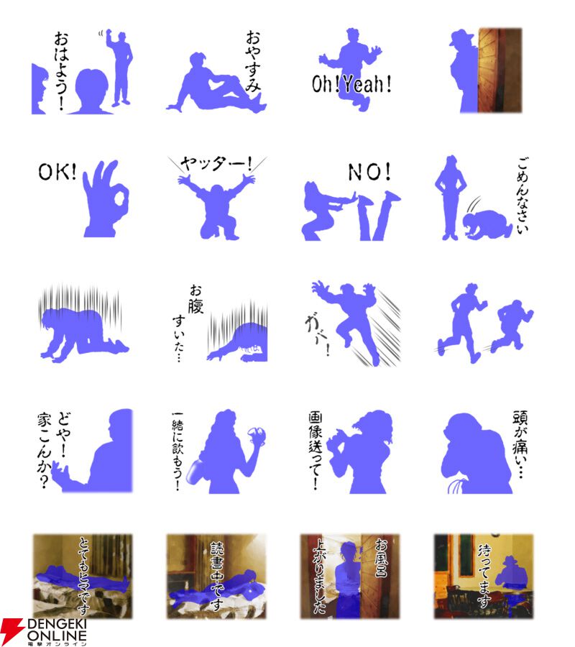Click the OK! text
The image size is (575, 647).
pos(57,171)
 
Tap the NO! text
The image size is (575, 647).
pos(369,172)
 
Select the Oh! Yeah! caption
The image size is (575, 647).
pos(351,84)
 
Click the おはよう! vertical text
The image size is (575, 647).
pos(62,70)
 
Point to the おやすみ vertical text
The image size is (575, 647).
pos(253,60)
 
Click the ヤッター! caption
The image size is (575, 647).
pos(216,164)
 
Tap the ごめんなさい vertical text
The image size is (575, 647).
pos(523,195)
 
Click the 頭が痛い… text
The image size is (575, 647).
pos(520,444)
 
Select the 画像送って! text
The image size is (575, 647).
pos(316,450)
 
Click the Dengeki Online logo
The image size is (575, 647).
pos(44,632)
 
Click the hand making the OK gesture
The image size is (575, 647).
pos(106,199)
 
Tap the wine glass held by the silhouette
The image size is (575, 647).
pos(256,436)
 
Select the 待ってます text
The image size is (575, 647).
pos(484,576)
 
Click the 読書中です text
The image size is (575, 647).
pos(217,576)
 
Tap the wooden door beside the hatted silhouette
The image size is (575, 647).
pos(500,70)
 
